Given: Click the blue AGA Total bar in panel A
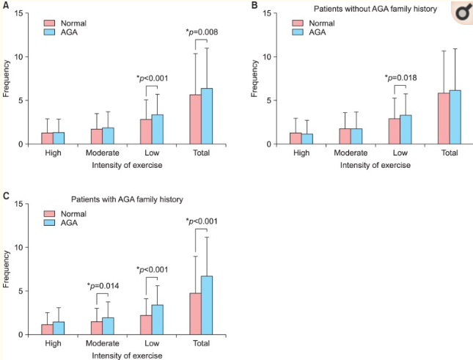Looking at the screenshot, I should coord(207,116).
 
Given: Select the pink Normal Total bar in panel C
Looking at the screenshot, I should coord(195,314).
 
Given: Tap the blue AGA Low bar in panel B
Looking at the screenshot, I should coord(405,129).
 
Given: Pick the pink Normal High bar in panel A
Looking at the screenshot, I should coord(47,138).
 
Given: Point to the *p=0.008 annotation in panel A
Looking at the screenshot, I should coord(201,32).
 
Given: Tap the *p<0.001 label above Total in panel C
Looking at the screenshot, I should coord(201,221).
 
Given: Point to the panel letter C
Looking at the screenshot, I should coord(7,196).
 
